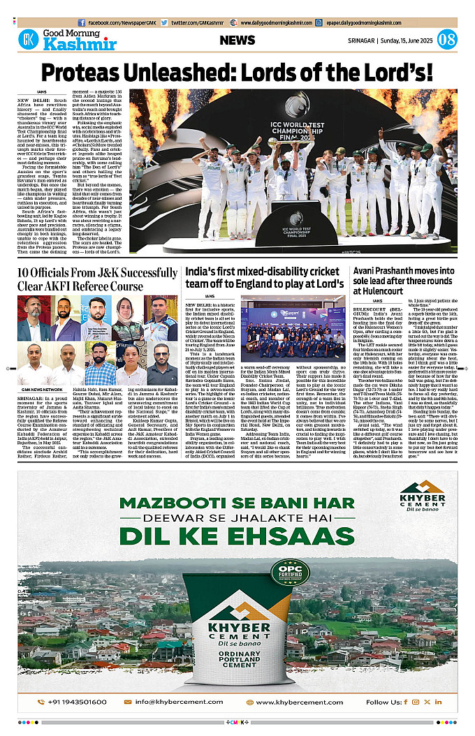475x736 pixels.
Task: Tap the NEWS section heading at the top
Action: pyautogui.click(x=237, y=41)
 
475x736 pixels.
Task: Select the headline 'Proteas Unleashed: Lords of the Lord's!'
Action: pyautogui.click(x=237, y=73)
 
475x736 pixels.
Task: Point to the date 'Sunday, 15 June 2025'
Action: pyautogui.click(x=408, y=41)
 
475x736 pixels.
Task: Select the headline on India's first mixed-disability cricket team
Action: pyautogui.click(x=264, y=279)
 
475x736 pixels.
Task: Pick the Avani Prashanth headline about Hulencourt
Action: pyautogui.click(x=404, y=279)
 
